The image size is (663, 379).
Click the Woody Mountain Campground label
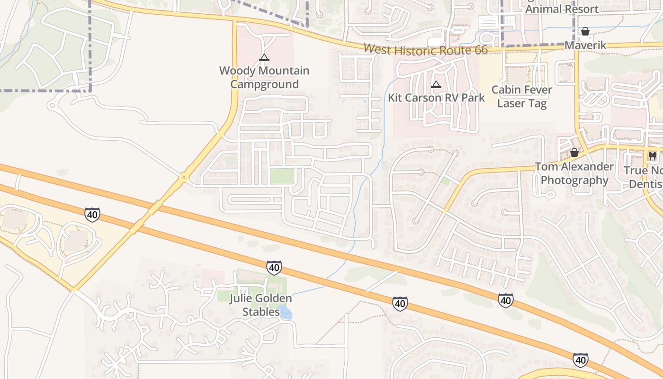pyautogui.click(x=264, y=77)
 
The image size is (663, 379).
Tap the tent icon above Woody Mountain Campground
pyautogui.click(x=264, y=58)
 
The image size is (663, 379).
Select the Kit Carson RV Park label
pyautogui.click(x=436, y=98)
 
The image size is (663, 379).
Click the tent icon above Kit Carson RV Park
pyautogui.click(x=436, y=85)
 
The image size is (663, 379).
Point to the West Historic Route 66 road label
pyautogui.click(x=425, y=49)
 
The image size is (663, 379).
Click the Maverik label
pyautogui.click(x=585, y=45)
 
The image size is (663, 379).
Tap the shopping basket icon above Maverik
pyautogui.click(x=585, y=32)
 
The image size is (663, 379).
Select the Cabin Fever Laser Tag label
pyautogui.click(x=521, y=96)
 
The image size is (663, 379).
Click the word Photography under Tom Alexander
pyautogui.click(x=574, y=180)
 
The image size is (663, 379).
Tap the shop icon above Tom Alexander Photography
pyautogui.click(x=574, y=153)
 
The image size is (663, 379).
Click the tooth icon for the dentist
pyautogui.click(x=652, y=155)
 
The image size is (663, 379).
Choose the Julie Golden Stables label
pyautogui.click(x=261, y=305)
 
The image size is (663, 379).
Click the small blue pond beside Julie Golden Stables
pyautogui.click(x=286, y=312)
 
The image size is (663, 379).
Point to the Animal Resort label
pyautogui.click(x=562, y=9)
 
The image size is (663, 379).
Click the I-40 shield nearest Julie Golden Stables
pyautogui.click(x=274, y=268)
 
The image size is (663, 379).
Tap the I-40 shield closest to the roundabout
pyautogui.click(x=92, y=214)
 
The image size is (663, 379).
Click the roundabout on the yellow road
pyautogui.click(x=183, y=178)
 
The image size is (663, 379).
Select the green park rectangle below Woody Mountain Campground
pyautogui.click(x=282, y=176)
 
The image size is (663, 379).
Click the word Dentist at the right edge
pyautogui.click(x=646, y=184)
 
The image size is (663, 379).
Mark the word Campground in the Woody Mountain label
pyautogui.click(x=264, y=84)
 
